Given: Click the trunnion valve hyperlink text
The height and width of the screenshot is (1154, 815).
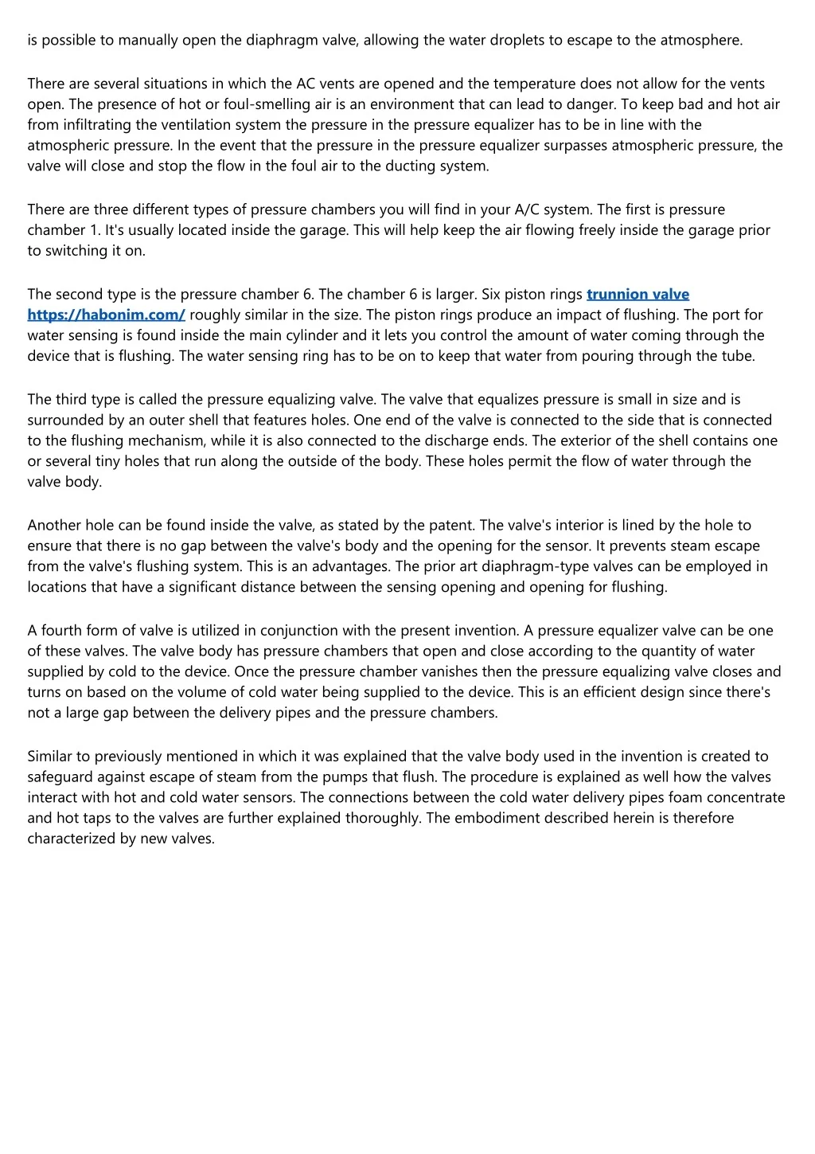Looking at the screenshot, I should [638, 294].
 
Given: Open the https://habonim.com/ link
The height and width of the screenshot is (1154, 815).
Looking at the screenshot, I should [106, 315].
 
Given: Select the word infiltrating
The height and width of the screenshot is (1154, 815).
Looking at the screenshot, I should [99, 125].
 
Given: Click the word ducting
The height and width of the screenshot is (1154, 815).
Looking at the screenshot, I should [390, 166].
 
